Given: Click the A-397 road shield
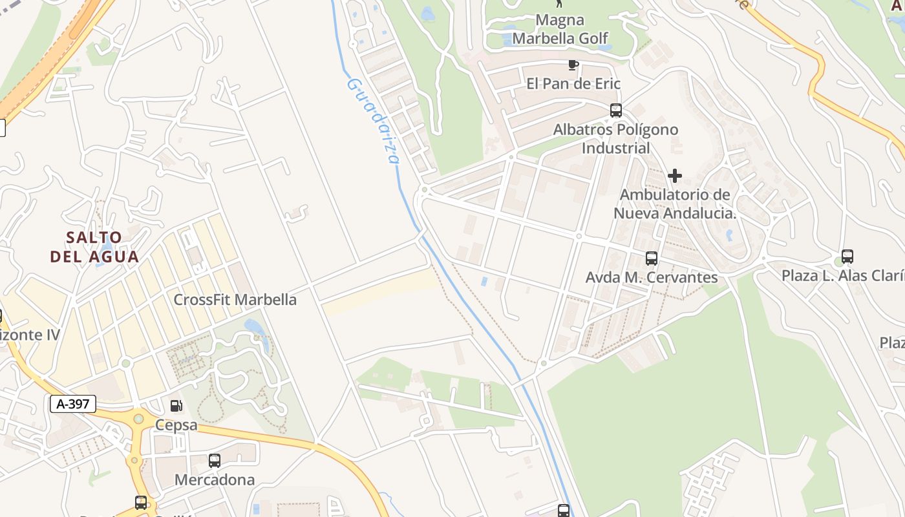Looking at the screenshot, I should (73, 404).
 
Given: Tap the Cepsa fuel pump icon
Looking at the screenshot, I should (176, 406).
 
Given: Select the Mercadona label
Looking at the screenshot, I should (215, 480).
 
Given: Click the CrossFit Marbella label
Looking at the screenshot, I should (235, 300).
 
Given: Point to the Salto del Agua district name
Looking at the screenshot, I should (94, 247).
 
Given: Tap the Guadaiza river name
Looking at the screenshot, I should (374, 120).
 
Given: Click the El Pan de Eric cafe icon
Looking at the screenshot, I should (573, 64).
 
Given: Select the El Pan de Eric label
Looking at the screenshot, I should (573, 83).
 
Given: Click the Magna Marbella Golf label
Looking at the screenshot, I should (560, 30).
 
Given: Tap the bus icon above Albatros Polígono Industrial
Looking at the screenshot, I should (616, 111).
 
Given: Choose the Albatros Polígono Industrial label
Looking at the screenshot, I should (615, 138).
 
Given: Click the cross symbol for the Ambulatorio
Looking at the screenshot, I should (675, 176).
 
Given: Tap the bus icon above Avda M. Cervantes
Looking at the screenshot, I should (652, 258).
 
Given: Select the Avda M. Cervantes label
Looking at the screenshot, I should (652, 277).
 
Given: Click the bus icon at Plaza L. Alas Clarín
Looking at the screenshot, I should (847, 257).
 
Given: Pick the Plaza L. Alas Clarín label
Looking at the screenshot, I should (843, 276).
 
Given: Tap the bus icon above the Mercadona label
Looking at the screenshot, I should (215, 461).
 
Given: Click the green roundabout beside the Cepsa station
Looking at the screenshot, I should (138, 419).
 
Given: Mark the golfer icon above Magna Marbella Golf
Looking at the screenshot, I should (560, 4).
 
